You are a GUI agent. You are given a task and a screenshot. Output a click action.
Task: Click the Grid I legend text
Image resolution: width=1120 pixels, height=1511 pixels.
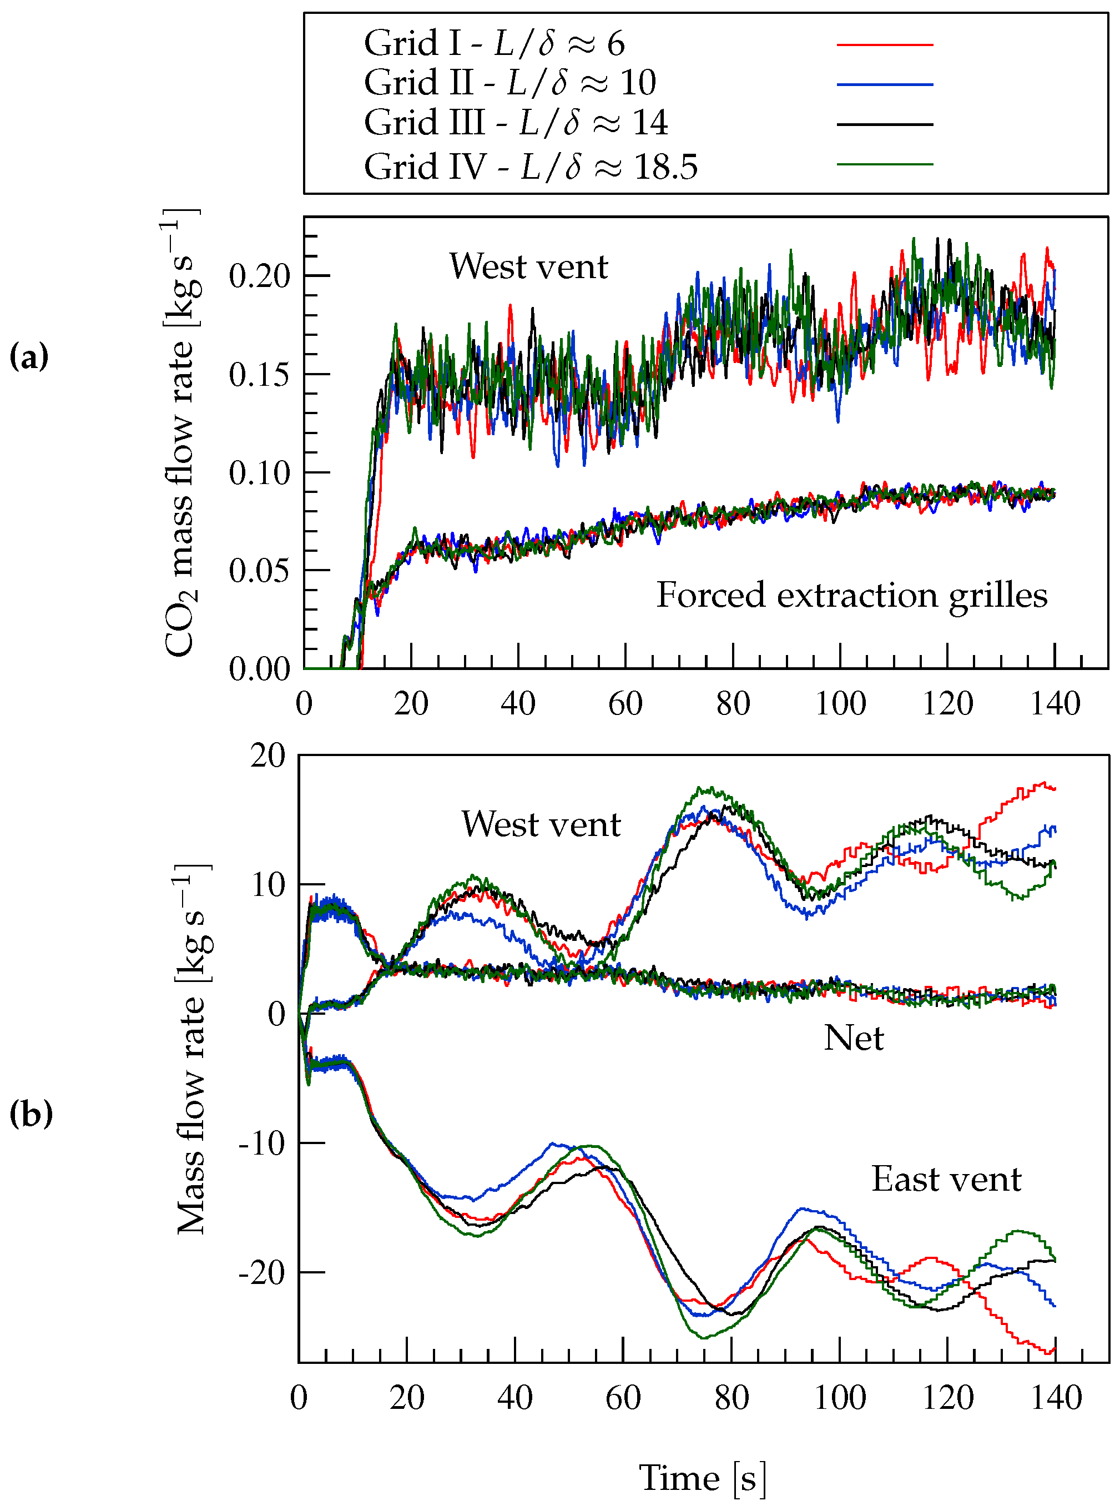(x=493, y=43)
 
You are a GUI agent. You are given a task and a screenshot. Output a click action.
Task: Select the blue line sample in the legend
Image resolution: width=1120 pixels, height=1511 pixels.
(x=884, y=85)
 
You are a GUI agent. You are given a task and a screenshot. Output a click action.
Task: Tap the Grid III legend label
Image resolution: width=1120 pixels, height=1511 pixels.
(x=515, y=123)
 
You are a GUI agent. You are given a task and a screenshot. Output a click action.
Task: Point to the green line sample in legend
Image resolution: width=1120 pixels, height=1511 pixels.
(x=884, y=164)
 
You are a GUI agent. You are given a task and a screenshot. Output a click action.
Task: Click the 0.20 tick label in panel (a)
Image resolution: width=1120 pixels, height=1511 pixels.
(x=259, y=276)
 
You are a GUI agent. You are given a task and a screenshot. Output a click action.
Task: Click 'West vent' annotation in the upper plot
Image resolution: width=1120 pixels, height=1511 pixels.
(x=528, y=266)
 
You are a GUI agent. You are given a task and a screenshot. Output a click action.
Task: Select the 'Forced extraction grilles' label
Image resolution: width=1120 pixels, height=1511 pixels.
(x=851, y=596)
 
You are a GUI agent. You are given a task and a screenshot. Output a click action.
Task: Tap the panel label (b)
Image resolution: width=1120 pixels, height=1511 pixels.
(x=31, y=1113)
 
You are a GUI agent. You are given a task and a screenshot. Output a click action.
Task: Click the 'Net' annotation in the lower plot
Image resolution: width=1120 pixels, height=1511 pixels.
(x=853, y=1038)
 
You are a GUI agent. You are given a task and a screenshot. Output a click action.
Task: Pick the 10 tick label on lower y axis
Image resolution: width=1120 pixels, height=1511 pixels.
(x=269, y=884)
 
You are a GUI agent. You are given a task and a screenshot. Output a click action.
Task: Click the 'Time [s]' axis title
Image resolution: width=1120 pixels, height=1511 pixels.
(x=703, y=1478)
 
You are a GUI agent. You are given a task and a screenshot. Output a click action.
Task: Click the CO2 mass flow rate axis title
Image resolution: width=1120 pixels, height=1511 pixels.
(x=181, y=434)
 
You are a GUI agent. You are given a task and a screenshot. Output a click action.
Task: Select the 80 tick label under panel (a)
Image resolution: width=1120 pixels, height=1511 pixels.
(x=732, y=703)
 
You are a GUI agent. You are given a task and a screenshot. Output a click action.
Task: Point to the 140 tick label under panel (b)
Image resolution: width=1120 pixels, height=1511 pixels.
(x=1056, y=1398)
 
